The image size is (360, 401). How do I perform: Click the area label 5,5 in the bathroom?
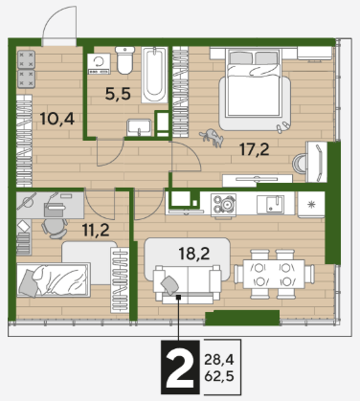coord(118,94)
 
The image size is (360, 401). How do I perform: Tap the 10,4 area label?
coord(57,119)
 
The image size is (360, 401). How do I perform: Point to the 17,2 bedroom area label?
coord(255,149)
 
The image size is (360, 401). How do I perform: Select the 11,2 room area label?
coord(96,230)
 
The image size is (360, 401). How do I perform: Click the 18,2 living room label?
coord(194,254)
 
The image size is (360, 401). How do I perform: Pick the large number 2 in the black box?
coord(180,368)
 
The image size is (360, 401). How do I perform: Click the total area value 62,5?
coord(219,376)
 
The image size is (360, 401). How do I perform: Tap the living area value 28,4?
coord(219,360)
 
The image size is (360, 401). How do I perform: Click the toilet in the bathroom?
coord(124,60)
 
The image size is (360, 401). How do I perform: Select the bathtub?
coord(154,75)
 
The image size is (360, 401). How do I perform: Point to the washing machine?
coord(99,63)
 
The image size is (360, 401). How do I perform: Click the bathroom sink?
coord(139,127)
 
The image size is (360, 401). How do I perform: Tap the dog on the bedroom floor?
coord(212,138)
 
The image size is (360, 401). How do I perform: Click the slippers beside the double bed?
coord(282,126)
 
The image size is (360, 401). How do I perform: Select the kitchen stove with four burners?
coord(223,204)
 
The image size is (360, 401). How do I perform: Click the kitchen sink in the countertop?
coord(271,204)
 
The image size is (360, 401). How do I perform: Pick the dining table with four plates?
coord(274,275)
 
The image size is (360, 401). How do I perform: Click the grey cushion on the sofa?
coord(169,284)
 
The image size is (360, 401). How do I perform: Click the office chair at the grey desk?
coord(55,229)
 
